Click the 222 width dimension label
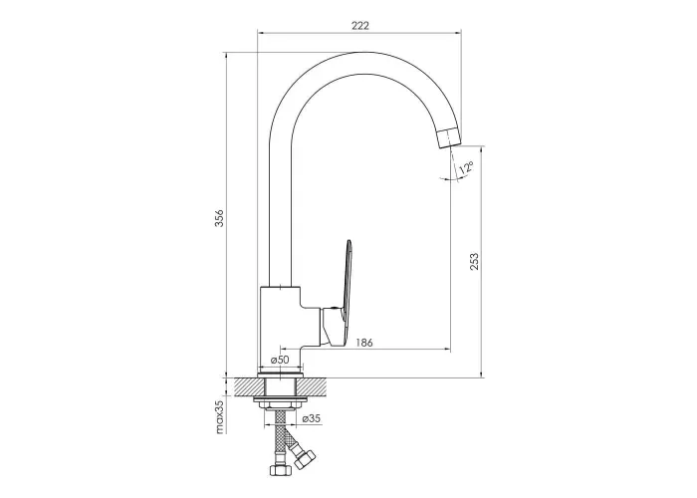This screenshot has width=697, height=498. pos(360,25)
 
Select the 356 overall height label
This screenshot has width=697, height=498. pos(220,218)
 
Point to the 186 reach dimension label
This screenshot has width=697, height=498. pos(364,343)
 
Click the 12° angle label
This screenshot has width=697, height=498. pos(466,168)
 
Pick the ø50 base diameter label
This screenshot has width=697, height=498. pos(280,360)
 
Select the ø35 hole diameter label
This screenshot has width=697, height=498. pos(311,418)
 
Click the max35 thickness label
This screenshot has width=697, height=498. pos(220,416)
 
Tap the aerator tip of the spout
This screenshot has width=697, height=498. pos(449,137)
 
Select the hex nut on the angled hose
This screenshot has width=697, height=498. pos(304,459)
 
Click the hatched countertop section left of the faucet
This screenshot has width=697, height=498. pos(246,386)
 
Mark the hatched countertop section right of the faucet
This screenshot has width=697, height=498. pos(315,386)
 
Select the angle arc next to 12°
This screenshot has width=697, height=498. pos(453,178)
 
